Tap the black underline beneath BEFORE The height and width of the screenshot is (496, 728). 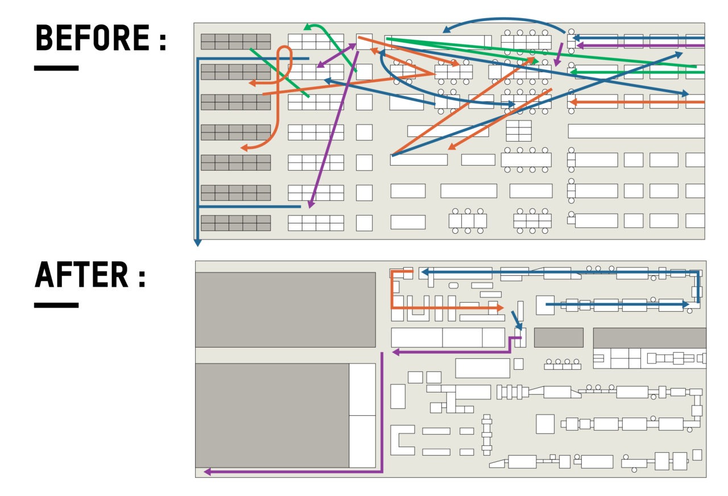(x=56, y=68)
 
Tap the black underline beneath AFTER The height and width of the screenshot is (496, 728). (x=56, y=305)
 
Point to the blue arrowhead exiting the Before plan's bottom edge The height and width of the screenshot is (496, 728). (x=197, y=242)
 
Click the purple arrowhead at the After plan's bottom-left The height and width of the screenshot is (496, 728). (x=208, y=472)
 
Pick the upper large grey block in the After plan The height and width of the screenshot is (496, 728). (x=285, y=309)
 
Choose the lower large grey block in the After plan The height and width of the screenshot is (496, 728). (x=272, y=415)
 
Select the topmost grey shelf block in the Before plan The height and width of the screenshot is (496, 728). (x=235, y=42)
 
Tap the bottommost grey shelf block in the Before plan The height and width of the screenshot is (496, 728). (x=235, y=223)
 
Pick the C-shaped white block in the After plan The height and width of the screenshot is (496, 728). (x=401, y=440)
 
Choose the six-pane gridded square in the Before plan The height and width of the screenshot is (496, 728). (x=518, y=131)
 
